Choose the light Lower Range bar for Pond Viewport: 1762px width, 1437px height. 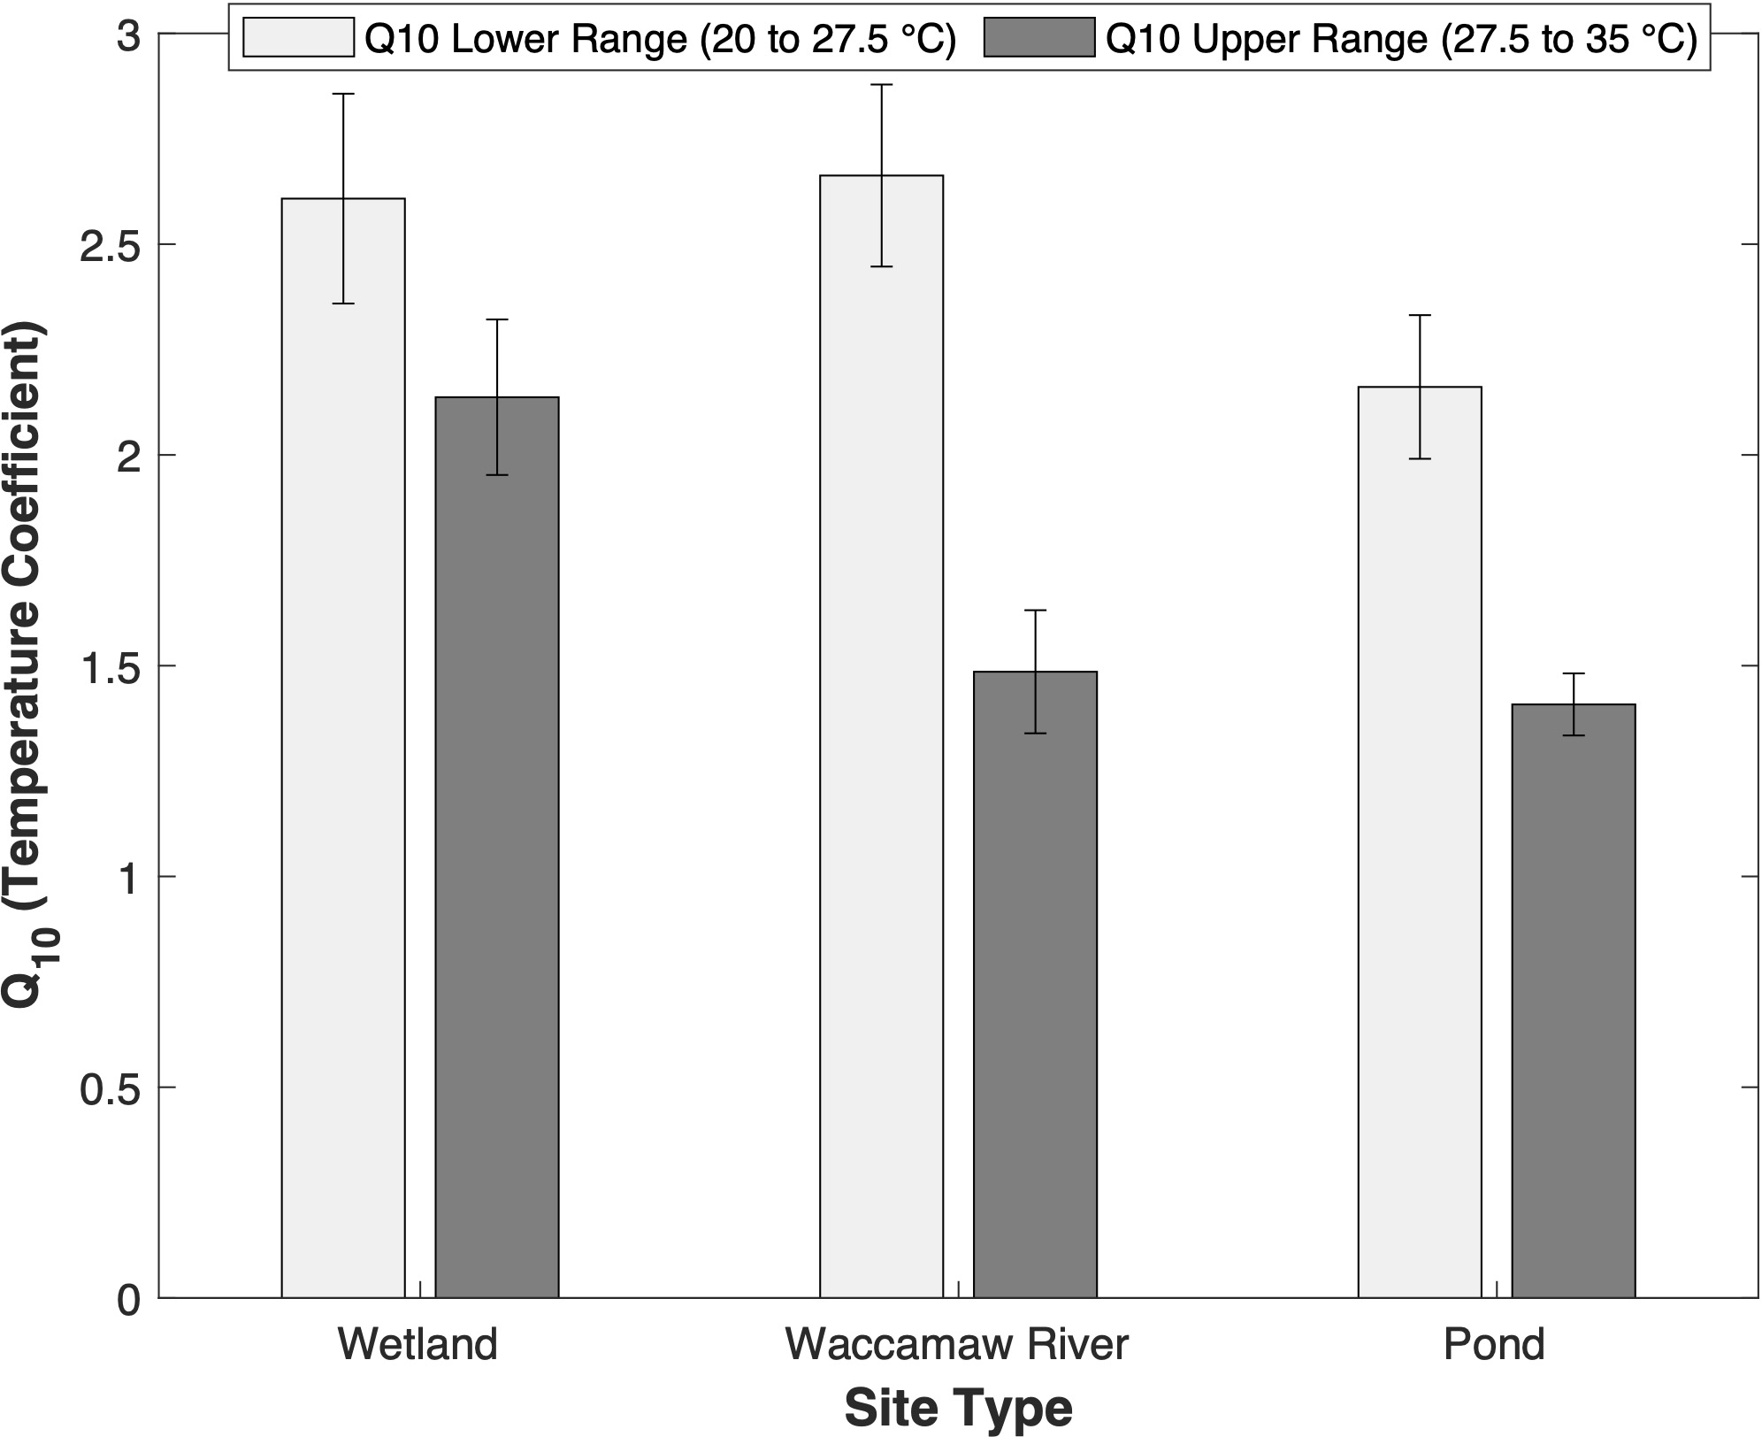click(x=1420, y=841)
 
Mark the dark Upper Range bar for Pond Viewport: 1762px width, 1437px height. click(x=1573, y=1001)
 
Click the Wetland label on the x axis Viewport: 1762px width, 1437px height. click(x=418, y=1343)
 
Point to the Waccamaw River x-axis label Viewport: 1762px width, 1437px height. click(x=957, y=1343)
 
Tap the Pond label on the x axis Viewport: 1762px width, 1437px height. click(x=1494, y=1343)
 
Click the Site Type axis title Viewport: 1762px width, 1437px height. click(x=959, y=1408)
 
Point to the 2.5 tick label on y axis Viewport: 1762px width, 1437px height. click(x=111, y=246)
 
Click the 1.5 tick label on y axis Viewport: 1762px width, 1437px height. click(x=111, y=667)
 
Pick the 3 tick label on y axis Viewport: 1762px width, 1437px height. click(x=129, y=36)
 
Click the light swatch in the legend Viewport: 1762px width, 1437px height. click(x=298, y=38)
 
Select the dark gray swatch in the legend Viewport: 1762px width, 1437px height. click(x=1038, y=38)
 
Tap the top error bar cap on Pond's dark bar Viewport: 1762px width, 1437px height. click(x=1573, y=674)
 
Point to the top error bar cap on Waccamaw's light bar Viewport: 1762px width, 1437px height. click(x=881, y=85)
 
